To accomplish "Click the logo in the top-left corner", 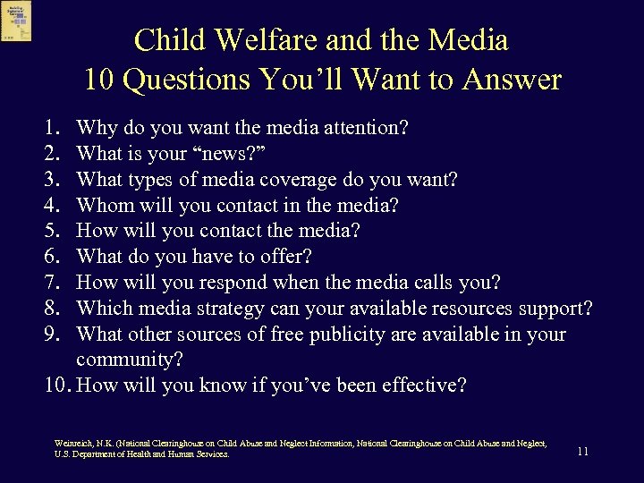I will click(x=16, y=21).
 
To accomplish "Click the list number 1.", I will click(x=51, y=128).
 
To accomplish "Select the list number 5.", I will click(x=51, y=231).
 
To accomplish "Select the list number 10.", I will click(x=55, y=386).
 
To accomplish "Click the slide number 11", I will click(x=582, y=452).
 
